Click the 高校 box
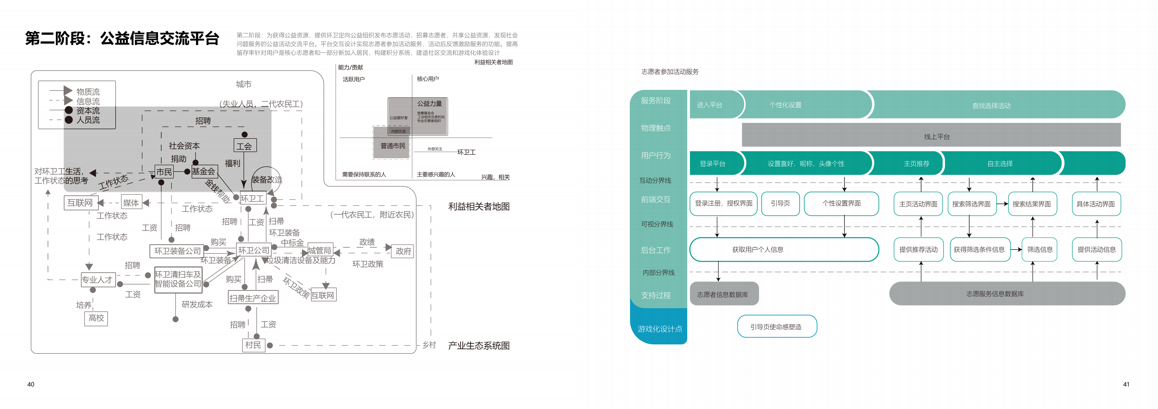coord(96,318)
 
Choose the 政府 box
coord(403,251)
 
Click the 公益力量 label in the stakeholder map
coord(429,103)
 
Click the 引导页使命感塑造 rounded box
coord(776,326)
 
